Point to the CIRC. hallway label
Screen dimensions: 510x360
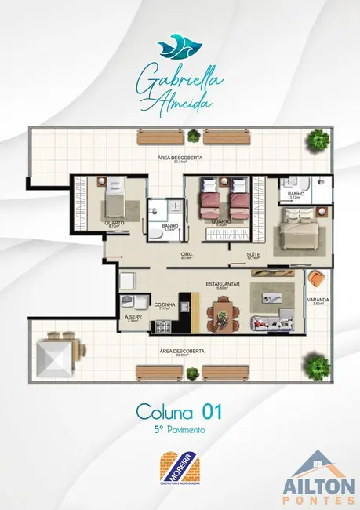click(x=187, y=254)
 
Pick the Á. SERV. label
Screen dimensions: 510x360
click(x=133, y=318)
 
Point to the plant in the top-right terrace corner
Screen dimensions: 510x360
click(x=318, y=142)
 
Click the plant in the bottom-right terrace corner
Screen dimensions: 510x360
click(x=318, y=366)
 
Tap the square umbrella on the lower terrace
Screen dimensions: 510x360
click(x=56, y=357)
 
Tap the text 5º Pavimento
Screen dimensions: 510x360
click(x=180, y=431)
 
